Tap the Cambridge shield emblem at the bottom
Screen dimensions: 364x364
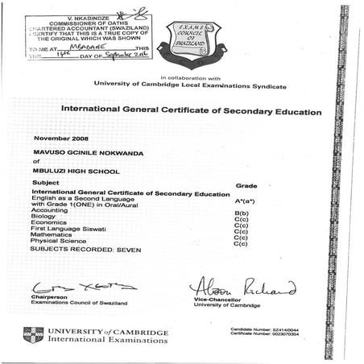click(x=33, y=334)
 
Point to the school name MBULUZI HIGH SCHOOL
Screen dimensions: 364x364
click(x=76, y=171)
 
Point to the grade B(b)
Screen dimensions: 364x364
click(x=239, y=211)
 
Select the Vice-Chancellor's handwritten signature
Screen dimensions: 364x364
click(x=242, y=286)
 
